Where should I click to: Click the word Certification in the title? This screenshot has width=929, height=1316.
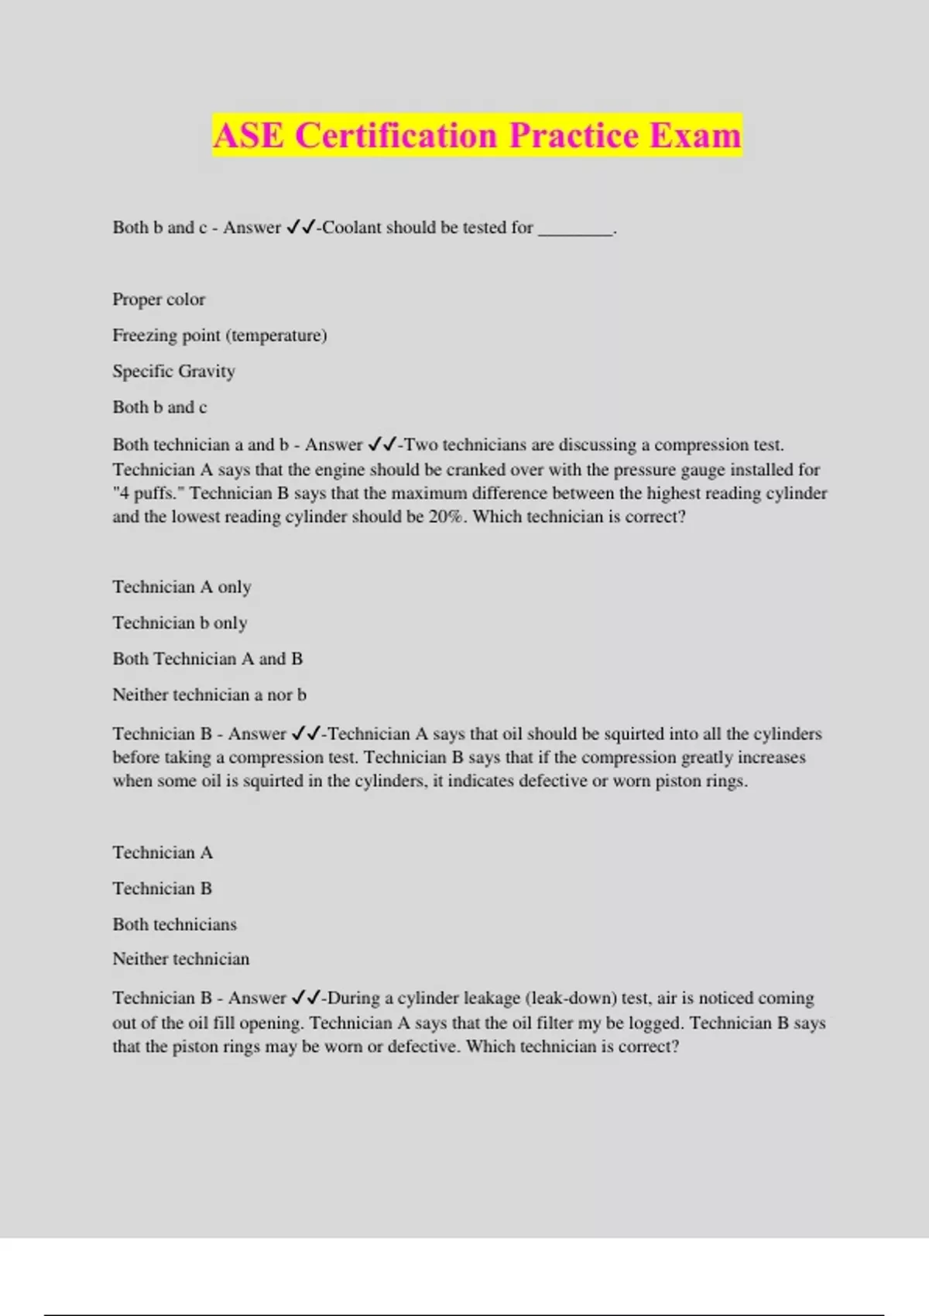(396, 135)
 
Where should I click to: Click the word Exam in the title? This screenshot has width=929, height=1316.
(694, 135)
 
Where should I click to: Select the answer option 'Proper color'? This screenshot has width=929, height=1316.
(159, 300)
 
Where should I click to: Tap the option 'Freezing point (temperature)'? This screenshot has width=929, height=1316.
(220, 335)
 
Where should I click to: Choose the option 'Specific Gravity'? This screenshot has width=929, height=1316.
(173, 372)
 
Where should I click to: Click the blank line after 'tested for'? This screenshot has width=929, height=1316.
(575, 229)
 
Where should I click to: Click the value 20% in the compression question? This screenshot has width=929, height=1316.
(445, 516)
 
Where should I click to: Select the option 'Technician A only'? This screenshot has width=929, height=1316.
(182, 587)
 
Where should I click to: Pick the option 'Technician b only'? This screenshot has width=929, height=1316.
(180, 623)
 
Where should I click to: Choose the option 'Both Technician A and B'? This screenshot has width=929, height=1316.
(207, 659)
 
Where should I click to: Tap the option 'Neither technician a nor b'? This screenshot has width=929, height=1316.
(209, 695)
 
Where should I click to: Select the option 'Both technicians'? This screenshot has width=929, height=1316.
(174, 924)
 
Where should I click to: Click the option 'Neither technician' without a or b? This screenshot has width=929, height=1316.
(181, 959)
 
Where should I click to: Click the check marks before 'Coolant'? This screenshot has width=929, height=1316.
(300, 228)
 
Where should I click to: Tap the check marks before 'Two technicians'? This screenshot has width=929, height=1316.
(382, 445)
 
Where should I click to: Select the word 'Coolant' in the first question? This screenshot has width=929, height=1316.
(351, 228)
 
